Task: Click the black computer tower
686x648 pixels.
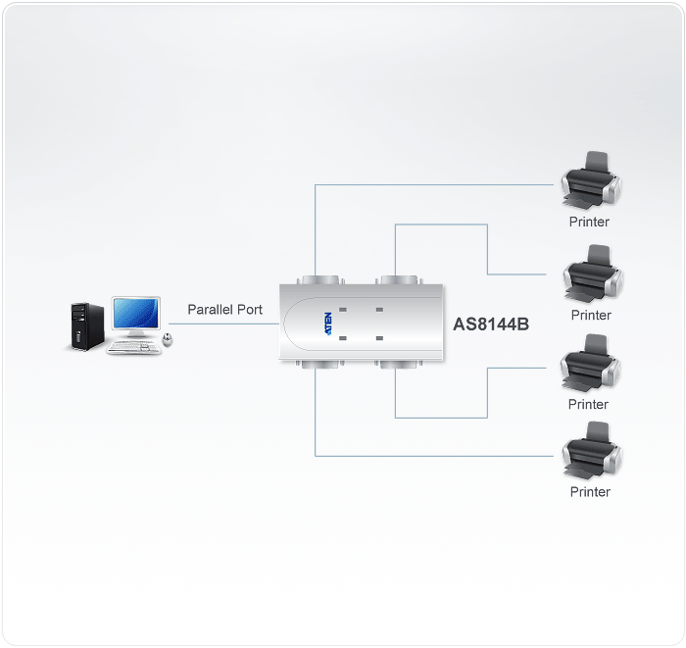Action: (87, 326)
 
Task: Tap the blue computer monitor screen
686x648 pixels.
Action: (135, 314)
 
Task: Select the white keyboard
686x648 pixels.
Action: (134, 347)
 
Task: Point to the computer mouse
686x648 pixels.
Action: (168, 339)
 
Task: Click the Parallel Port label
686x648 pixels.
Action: (224, 310)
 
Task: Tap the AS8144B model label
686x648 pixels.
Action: (491, 324)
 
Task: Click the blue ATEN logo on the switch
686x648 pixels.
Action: (328, 324)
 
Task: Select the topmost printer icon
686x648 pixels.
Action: (591, 180)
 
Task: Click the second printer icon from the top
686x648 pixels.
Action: (593, 274)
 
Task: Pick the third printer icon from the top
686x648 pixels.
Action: (590, 363)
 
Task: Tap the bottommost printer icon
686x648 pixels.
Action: (592, 451)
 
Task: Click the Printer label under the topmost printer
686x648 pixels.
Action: (589, 222)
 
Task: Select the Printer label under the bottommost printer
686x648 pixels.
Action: (590, 492)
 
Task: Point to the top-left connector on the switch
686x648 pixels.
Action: (320, 280)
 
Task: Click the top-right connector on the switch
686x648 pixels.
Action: (399, 280)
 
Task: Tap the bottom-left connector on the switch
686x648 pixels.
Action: (320, 364)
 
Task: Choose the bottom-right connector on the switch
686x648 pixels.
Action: (399, 364)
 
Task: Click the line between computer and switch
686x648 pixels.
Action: (224, 324)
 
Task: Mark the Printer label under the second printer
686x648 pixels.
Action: (591, 315)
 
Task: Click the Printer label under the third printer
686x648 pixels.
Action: (588, 404)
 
